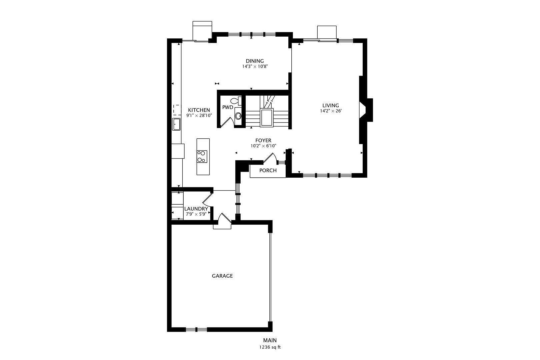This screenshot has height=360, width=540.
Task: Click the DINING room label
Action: point(255,61)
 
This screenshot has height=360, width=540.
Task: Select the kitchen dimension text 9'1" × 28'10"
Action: point(199,115)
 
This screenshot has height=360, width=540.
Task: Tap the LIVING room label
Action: point(331,105)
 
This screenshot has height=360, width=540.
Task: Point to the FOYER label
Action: point(263,140)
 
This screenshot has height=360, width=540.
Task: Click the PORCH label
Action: point(268,170)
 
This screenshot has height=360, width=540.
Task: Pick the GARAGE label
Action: point(222,276)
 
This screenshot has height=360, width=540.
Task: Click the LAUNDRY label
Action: point(196,209)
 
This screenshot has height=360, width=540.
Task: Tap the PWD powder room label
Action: point(228,107)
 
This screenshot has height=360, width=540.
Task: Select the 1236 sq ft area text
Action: point(270,347)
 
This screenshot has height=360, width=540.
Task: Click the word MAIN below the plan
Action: point(270,340)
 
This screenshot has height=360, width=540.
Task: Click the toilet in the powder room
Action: point(236,101)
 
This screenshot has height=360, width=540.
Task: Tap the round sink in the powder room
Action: point(238,116)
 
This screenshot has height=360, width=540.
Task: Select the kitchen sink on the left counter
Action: point(176,124)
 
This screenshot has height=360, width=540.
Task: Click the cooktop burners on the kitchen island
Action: point(202,156)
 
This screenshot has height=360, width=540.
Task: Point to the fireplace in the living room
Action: point(366,110)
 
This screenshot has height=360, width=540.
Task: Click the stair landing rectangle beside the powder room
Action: point(267,118)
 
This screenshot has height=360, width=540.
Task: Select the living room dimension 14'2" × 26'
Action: point(331,111)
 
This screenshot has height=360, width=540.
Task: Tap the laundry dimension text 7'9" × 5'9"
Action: point(196,214)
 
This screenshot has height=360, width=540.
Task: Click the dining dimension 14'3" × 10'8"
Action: point(255,66)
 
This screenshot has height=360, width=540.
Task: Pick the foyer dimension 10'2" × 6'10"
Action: point(263,146)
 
